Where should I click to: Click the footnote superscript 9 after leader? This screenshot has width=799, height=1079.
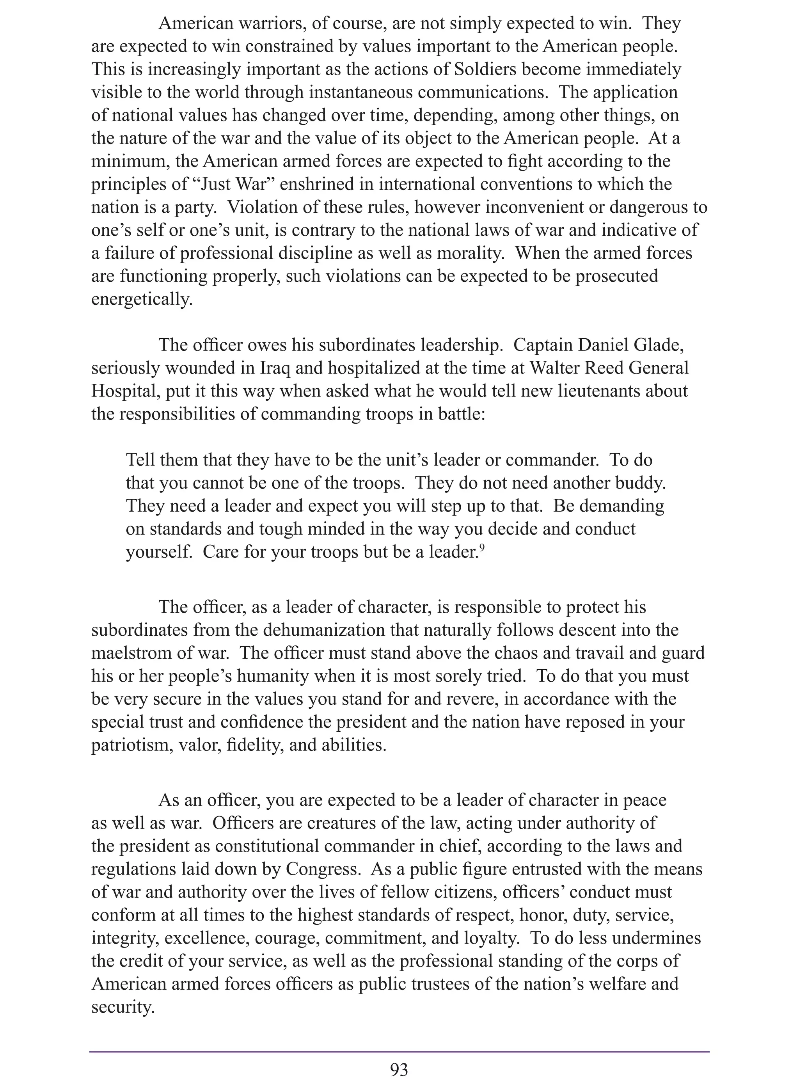[482, 547]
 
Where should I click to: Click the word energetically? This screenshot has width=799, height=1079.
[142, 299]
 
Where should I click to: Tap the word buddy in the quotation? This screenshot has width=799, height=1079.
[639, 483]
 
